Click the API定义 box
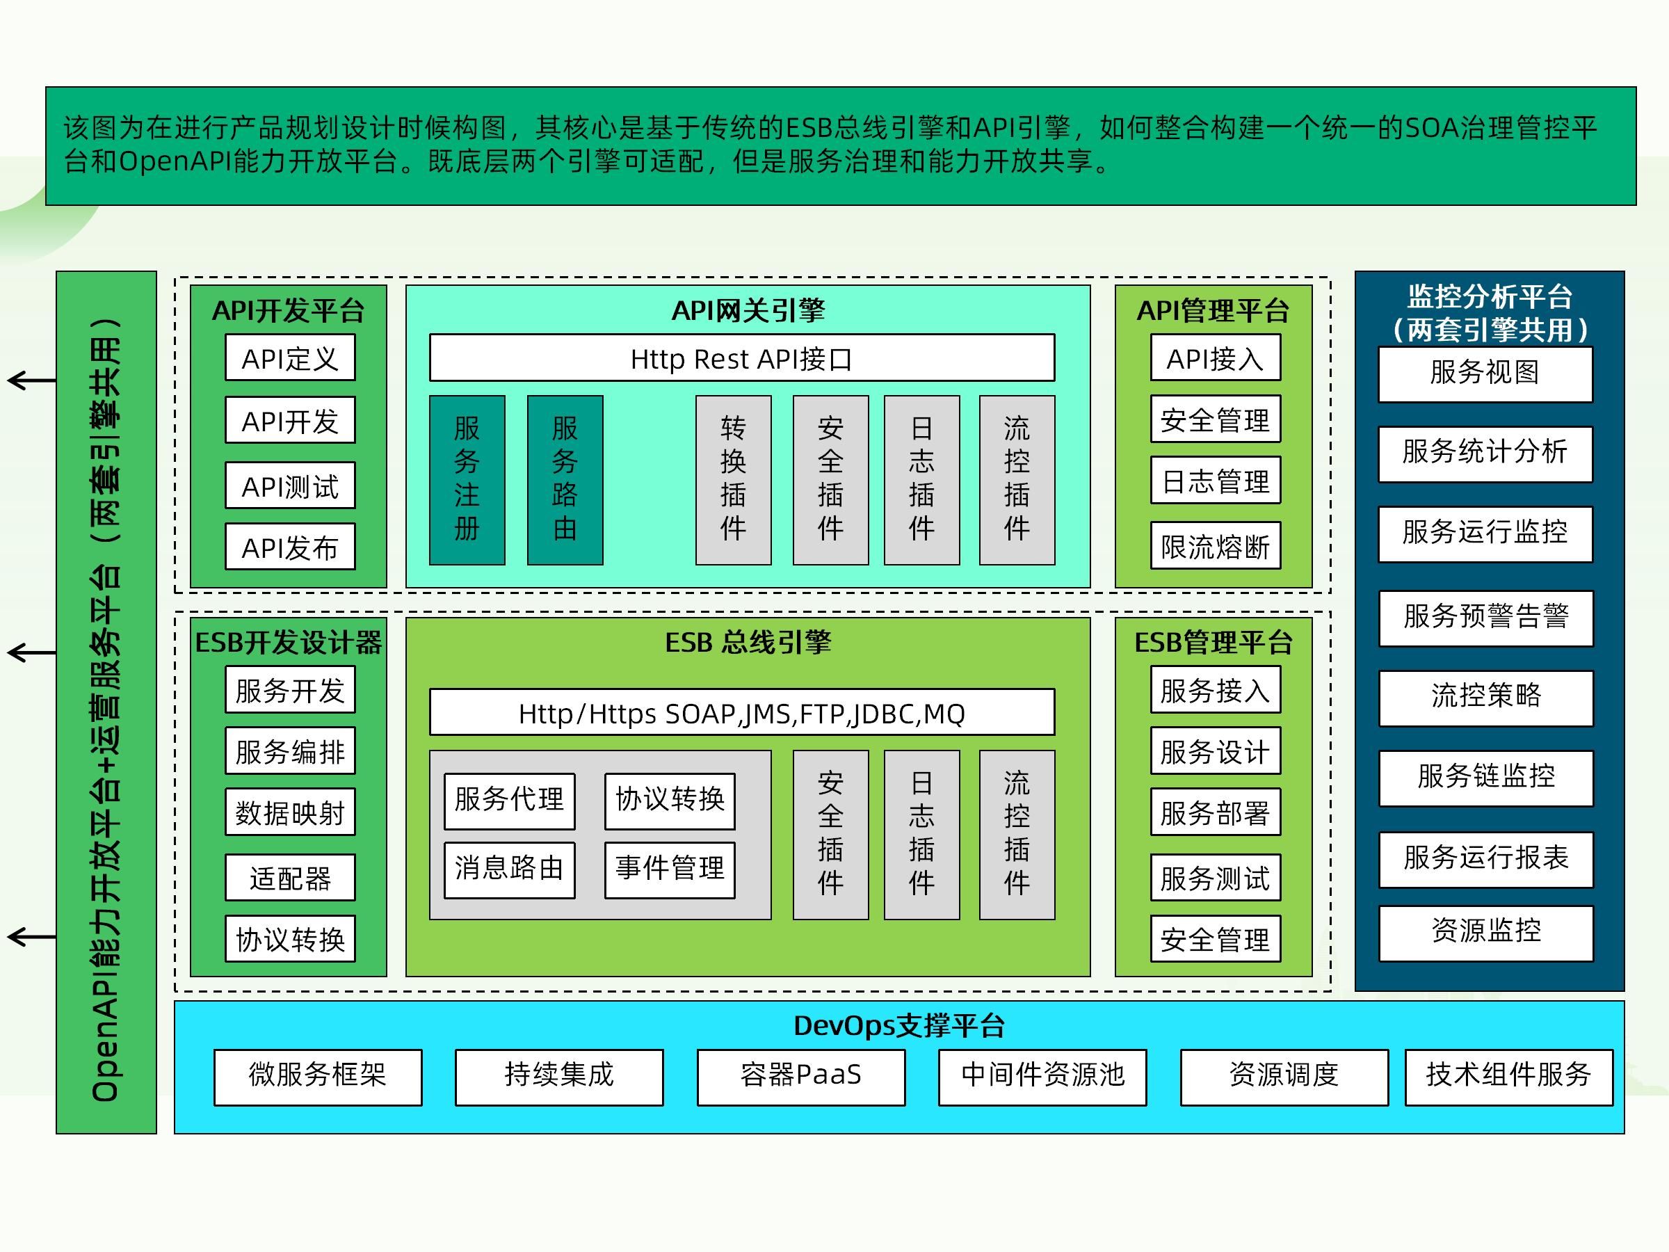(290, 358)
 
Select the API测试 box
(290, 486)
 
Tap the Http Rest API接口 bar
(742, 358)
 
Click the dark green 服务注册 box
(467, 479)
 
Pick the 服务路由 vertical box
(565, 479)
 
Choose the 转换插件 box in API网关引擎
(733, 479)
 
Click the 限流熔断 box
(1215, 545)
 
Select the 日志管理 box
(1215, 481)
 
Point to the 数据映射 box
(290, 813)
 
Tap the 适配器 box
(290, 878)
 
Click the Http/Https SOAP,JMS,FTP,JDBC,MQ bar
(742, 712)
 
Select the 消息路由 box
(509, 869)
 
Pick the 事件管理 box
(669, 869)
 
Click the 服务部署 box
(1215, 813)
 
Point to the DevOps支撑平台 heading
(898, 1026)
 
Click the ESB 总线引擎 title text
(747, 642)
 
